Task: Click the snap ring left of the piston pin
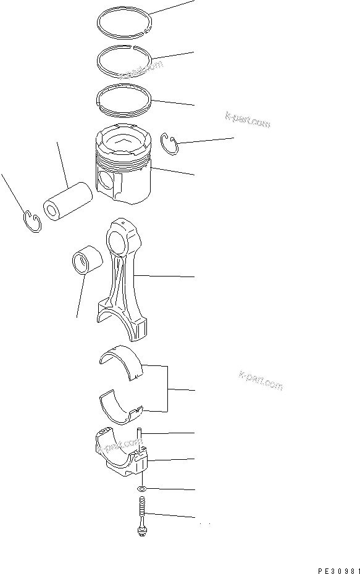point(33,220)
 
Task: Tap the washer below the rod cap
point(142,489)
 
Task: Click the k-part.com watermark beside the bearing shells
point(260,381)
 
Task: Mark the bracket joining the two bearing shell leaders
point(168,389)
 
